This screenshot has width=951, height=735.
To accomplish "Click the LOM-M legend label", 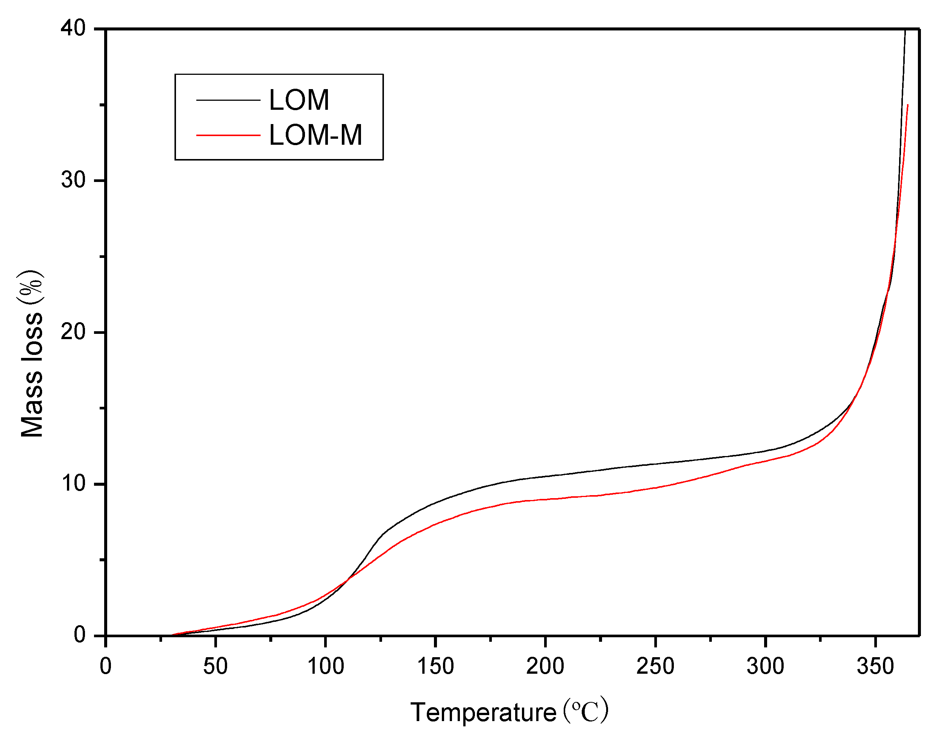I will point(315,135).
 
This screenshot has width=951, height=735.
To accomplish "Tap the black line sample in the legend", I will point(228,100).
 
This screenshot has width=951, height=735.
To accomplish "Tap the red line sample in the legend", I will point(228,135).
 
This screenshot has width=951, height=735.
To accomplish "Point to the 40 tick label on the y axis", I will point(73,28).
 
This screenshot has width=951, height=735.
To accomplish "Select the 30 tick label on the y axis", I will point(73,180).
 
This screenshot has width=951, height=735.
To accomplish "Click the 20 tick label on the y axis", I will point(73,332).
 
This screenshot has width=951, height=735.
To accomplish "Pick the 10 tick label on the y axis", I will point(73,483).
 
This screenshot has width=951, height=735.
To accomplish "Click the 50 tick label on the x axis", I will point(215,666).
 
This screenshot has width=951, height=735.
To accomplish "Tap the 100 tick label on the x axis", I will point(325,666).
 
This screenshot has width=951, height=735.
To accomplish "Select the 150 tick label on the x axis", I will point(435,666).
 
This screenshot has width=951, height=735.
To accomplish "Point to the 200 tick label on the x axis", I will point(545,666).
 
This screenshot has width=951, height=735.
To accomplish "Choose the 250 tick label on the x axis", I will point(655,666).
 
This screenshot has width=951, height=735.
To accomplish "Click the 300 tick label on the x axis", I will point(765,666).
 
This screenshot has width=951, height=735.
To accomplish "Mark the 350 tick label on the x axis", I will point(875,666).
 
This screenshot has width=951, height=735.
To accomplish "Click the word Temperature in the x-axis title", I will point(483,712).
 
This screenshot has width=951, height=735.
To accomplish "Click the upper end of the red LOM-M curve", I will point(907,105).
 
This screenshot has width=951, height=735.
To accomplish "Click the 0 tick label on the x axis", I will point(106,666).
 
